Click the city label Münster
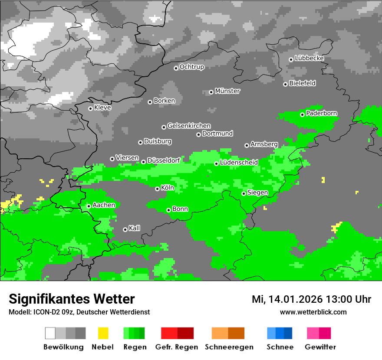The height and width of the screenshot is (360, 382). coord(227,91)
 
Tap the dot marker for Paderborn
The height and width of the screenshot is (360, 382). coord(302,115)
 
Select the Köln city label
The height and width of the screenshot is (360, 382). coord(168,188)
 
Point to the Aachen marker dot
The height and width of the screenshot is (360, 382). coord(89,206)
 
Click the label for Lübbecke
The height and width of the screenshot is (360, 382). coord(310,58)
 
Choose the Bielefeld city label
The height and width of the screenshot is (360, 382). coord(303,83)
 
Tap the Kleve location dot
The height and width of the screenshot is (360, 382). coord(90,108)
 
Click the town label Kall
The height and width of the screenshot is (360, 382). coord(135,228)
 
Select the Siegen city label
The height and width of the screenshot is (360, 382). coord(258,193)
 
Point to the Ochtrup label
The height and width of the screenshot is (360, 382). coord(192,67)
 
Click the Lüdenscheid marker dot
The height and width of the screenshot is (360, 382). coord(216,164)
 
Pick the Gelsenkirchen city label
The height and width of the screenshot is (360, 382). coord(189,126)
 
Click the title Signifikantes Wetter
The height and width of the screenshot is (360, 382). coord(72,299)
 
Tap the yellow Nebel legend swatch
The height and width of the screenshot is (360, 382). coord(103,333)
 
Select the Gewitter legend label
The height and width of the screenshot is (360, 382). coord(320,347)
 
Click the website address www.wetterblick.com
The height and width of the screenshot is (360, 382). coord(313,312)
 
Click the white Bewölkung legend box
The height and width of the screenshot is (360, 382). coord(50,333)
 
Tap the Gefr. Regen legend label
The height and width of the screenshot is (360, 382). coord(177,347)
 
